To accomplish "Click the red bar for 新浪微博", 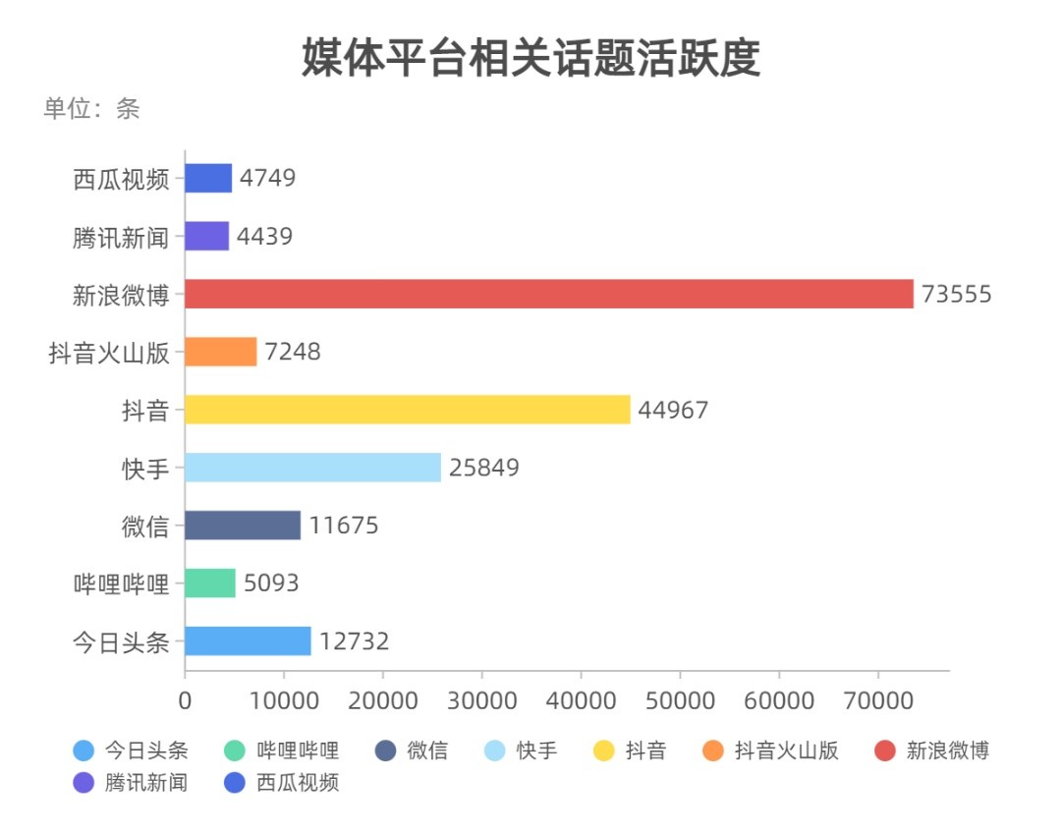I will [x=548, y=294].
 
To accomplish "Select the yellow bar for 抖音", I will [x=407, y=410].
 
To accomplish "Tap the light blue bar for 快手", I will [x=312, y=468].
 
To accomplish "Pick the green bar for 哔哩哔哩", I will [x=210, y=583].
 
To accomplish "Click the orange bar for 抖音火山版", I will [x=220, y=352].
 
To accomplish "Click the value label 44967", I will [x=673, y=411].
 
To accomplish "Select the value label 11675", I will [x=344, y=526].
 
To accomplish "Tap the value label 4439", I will [x=264, y=237].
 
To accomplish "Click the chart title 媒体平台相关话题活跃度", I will [x=531, y=59].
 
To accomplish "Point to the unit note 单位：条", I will [x=91, y=109].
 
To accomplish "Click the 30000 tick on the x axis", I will [x=481, y=700].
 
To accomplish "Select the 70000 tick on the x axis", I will [x=877, y=700].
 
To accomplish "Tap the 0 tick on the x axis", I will [x=185, y=700].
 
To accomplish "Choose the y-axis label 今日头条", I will [x=121, y=642].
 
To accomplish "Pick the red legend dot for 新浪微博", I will [x=884, y=751].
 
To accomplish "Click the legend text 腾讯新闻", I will [x=146, y=783].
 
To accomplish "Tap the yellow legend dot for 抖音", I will [x=604, y=751].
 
